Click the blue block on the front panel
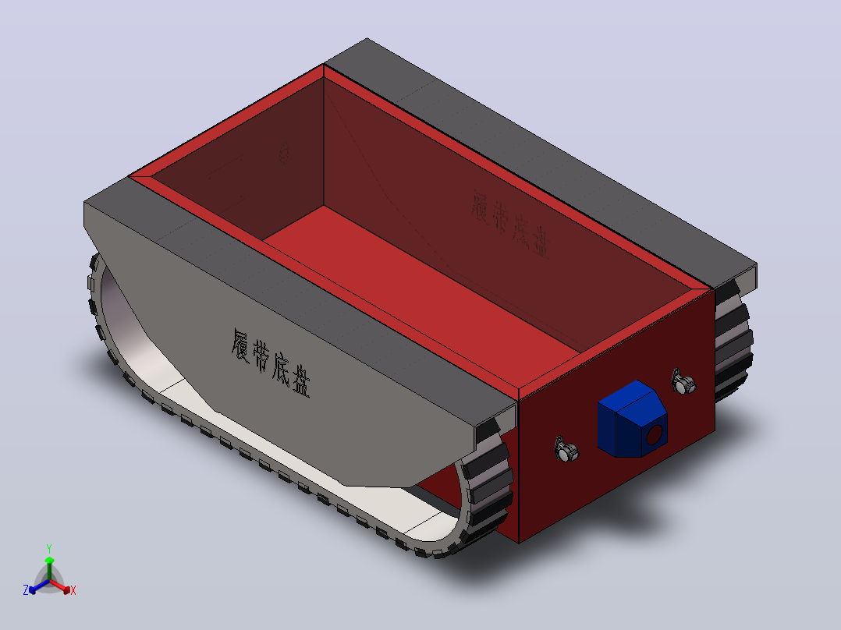(633, 419)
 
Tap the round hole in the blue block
(655, 435)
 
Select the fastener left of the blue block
(566, 450)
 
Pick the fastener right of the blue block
(683, 382)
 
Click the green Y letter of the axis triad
(49, 548)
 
